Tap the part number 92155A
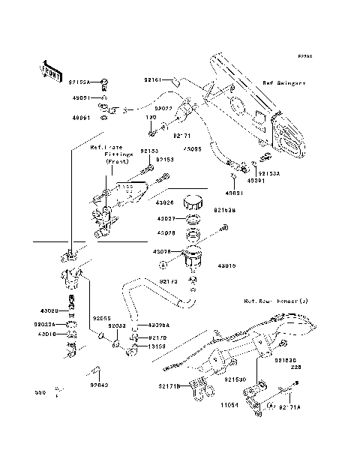tap(79, 81)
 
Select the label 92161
tap(153, 79)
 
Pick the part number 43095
tap(193, 149)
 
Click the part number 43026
tap(165, 202)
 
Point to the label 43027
tap(165, 218)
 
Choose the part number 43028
tap(165, 233)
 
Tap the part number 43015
tap(228, 265)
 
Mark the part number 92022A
tap(46, 324)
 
